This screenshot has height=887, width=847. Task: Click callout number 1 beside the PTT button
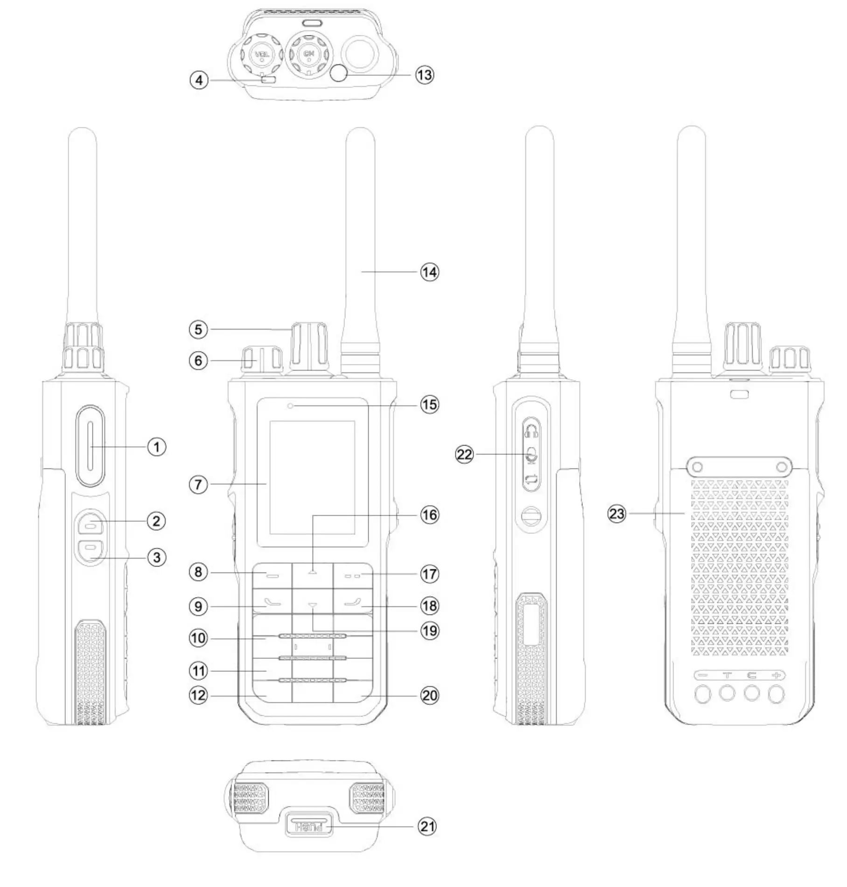coord(157,447)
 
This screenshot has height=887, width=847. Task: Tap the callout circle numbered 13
coord(425,75)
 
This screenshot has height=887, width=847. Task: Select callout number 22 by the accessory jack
coord(464,454)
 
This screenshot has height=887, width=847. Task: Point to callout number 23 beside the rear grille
coord(616,514)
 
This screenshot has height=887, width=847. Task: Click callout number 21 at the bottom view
coord(427,827)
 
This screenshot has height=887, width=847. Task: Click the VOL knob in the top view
coord(262,55)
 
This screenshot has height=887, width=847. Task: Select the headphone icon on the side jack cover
coord(532,430)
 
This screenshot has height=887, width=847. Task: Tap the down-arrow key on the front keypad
coord(312,606)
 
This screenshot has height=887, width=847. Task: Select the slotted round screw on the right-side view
coord(531,517)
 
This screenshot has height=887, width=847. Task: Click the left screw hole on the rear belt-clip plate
coord(697,467)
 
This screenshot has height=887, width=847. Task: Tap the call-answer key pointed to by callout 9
coord(272,602)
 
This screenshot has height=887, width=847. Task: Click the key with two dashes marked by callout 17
coord(353,576)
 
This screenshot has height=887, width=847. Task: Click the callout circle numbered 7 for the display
coord(198,484)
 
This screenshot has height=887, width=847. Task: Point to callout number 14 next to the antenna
coord(429,272)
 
